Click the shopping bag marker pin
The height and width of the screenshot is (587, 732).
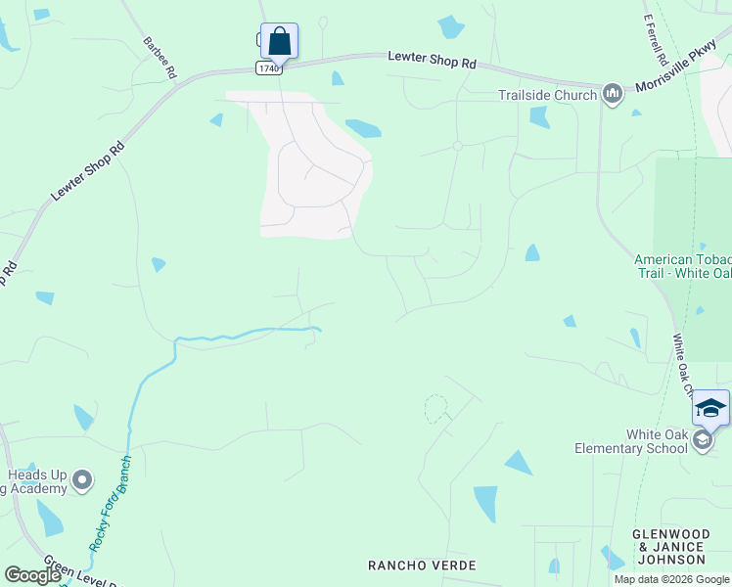(279, 42)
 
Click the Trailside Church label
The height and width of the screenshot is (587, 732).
(547, 95)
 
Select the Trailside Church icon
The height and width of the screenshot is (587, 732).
(613, 94)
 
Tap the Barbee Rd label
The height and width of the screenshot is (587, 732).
(160, 58)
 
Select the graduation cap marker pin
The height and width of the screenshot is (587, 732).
(710, 408)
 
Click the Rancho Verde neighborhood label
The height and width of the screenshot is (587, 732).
(422, 565)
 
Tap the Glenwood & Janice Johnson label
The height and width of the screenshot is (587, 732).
(669, 546)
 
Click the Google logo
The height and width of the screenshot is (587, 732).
(32, 575)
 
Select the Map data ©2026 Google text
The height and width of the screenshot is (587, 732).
(671, 579)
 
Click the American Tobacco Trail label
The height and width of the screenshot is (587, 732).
(682, 266)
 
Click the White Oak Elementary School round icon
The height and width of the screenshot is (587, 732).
(702, 441)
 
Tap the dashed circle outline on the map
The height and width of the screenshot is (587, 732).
(435, 409)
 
